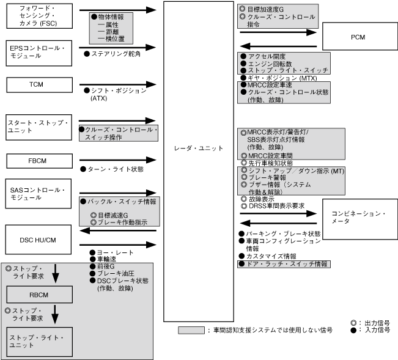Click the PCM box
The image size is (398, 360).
coord(358,37)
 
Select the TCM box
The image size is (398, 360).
coord(37,83)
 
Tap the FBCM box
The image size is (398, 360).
coord(37,161)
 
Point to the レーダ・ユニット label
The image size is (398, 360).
coord(199,149)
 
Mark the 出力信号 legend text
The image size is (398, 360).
coord(375,322)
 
